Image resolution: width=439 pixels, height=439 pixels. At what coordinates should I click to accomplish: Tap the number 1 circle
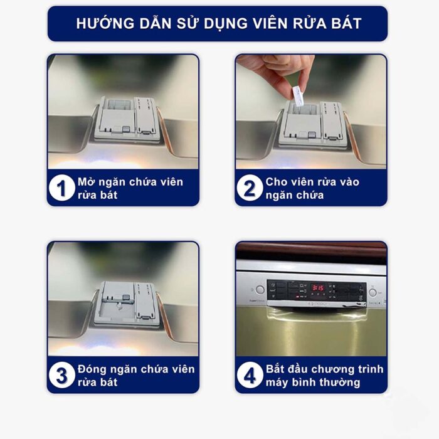[61, 188]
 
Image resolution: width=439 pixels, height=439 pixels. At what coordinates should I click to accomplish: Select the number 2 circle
[250, 188]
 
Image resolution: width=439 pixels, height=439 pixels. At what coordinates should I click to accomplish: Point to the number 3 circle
[61, 376]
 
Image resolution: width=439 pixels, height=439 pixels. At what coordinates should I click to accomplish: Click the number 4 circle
[250, 376]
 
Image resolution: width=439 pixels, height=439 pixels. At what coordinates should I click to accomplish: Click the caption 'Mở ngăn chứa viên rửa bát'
[130, 188]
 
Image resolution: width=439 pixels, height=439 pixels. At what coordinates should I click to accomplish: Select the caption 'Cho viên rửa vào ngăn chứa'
[312, 188]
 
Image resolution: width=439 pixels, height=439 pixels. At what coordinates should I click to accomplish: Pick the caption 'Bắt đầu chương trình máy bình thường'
[324, 375]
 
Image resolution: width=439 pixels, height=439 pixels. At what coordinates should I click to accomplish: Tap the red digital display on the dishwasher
[319, 287]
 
